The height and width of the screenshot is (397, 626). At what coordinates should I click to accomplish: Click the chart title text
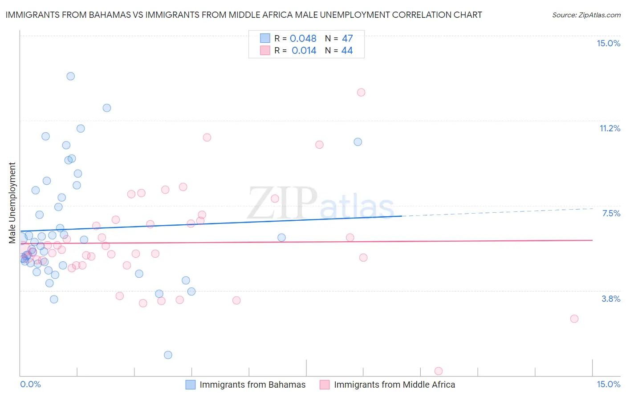pos(244,15)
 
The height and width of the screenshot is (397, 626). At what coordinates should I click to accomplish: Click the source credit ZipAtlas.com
pos(586,15)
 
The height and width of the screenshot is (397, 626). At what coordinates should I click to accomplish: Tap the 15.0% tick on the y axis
pos(608,43)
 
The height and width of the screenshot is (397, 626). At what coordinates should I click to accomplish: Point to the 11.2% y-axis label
pos(610,128)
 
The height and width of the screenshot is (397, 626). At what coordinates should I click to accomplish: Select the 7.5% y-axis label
pos(611,214)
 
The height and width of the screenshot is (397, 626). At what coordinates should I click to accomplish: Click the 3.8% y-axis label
pos(611,299)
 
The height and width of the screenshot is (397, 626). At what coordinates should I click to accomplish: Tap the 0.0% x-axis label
pos(30,384)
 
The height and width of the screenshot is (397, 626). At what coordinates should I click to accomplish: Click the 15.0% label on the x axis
pos(608,384)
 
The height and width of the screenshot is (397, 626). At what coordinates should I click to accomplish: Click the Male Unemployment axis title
pos(12,203)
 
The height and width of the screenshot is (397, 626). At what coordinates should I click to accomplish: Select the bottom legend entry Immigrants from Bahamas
pos(252,385)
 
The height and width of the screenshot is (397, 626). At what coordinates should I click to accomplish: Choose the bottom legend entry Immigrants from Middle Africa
pos(394,385)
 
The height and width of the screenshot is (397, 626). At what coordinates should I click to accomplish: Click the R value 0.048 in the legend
pos(303,39)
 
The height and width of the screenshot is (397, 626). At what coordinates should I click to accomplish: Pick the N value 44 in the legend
pos(347,51)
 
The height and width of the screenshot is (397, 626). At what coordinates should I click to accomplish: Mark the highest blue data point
pos(70,76)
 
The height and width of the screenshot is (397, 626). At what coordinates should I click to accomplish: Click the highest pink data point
pos(361,92)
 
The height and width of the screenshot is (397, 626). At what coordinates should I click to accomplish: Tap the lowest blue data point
pos(168,355)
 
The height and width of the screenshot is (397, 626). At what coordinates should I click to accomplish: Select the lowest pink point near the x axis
pos(439,371)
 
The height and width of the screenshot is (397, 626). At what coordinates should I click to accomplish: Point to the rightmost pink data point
pos(574,319)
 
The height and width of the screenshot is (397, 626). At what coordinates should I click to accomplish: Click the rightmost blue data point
pos(358,142)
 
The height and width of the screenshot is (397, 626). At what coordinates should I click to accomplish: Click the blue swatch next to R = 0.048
pos(265,38)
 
